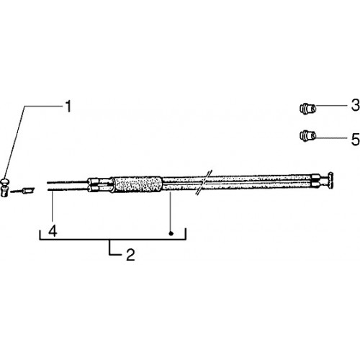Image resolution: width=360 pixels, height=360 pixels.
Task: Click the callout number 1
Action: click(x=68, y=107)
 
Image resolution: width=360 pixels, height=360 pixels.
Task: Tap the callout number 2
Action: click(x=130, y=255)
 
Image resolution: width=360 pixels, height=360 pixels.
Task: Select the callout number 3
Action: click(x=356, y=105)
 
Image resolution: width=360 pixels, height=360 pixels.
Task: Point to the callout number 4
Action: click(x=53, y=231)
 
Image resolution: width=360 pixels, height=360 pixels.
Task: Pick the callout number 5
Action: click(x=356, y=140)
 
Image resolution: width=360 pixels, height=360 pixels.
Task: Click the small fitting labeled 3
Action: click(x=307, y=109)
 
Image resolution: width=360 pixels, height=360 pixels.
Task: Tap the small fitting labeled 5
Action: click(x=307, y=136)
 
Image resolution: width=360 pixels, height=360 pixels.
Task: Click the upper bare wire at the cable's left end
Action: click(x=67, y=182)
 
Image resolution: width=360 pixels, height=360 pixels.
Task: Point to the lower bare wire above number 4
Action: click(x=67, y=190)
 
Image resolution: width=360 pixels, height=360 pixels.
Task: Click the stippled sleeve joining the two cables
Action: click(x=138, y=184)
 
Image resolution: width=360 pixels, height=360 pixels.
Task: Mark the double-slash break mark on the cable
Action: click(x=204, y=182)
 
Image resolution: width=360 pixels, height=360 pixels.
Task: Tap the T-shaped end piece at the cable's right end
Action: click(x=329, y=180)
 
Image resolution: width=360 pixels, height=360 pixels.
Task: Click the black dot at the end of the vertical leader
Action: click(x=171, y=233)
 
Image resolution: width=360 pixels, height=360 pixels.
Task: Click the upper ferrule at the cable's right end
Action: click(x=315, y=178)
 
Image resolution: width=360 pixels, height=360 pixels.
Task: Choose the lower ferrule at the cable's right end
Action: click(x=315, y=184)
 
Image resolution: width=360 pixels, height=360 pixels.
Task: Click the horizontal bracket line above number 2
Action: click(x=113, y=239)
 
